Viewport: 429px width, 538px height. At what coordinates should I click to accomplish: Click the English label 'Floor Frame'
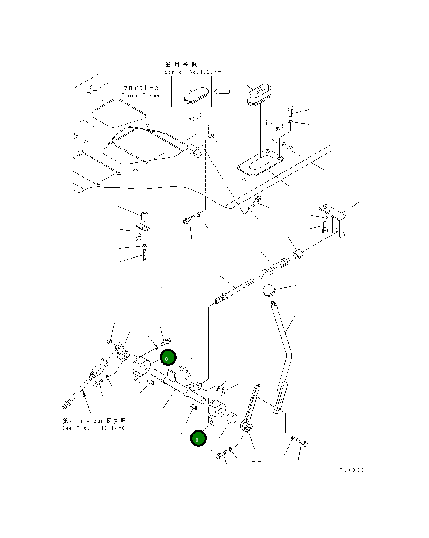(x=140, y=95)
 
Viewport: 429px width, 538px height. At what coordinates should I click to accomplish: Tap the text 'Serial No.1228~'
(x=192, y=72)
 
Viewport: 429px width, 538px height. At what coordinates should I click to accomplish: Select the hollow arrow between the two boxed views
(x=222, y=91)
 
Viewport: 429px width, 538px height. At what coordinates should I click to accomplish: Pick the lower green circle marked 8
(x=198, y=439)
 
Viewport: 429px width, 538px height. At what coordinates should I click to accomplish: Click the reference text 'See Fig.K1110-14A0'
(x=94, y=428)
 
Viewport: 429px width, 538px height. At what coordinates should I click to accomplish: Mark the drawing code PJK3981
(x=354, y=470)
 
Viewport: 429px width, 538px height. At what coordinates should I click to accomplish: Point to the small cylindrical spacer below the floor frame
(x=144, y=216)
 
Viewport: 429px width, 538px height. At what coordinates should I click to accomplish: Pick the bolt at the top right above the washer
(x=291, y=111)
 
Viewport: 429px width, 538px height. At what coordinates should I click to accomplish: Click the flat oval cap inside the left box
(x=196, y=95)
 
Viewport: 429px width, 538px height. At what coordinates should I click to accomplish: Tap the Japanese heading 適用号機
(x=181, y=65)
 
